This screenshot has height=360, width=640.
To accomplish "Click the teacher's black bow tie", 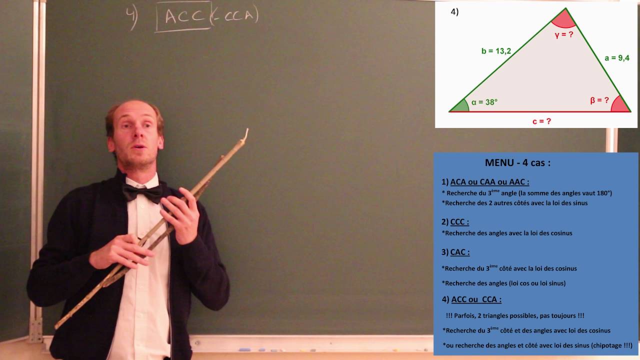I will pyautogui.click(x=143, y=192).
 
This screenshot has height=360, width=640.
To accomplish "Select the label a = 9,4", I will pyautogui.click(x=616, y=58).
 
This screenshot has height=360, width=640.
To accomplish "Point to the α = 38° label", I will pyautogui.click(x=484, y=102).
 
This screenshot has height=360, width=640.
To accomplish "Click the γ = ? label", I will pyautogui.click(x=563, y=34).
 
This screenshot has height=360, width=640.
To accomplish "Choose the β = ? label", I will pyautogui.click(x=599, y=100).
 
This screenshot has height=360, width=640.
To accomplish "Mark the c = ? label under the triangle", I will pyautogui.click(x=541, y=121).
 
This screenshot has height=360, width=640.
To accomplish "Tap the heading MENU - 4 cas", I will pyautogui.click(x=517, y=163).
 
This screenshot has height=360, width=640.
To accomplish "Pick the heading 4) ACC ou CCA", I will pyautogui.click(x=471, y=299).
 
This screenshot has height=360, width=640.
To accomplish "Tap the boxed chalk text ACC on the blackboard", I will pyautogui.click(x=184, y=16).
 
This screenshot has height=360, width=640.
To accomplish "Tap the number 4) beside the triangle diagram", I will pyautogui.click(x=454, y=12).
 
